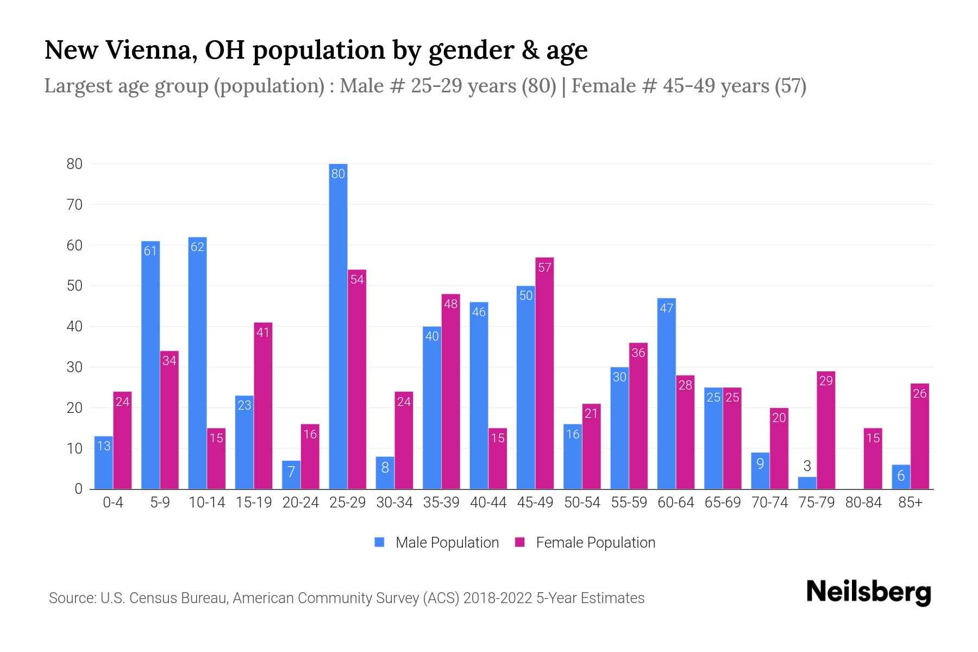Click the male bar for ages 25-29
point(338,326)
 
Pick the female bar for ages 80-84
point(873,459)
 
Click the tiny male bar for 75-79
point(807,483)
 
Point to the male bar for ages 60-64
point(666,393)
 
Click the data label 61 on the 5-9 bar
point(151,251)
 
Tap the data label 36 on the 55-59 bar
point(638,353)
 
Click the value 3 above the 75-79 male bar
point(807,466)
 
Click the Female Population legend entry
point(585,543)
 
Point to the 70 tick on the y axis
point(74,205)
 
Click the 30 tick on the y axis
point(74,367)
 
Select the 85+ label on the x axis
point(910,503)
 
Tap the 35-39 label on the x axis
point(441,503)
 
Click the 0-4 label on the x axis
point(113,503)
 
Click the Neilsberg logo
point(868,592)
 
